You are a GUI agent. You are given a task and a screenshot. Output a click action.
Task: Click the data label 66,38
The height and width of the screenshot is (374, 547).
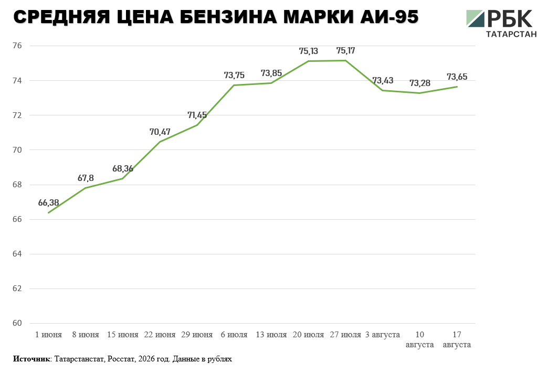click(48, 203)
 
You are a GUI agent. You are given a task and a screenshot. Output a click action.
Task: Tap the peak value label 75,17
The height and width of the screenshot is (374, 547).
click(346, 51)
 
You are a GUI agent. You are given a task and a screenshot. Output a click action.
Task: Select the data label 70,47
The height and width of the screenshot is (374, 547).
click(160, 132)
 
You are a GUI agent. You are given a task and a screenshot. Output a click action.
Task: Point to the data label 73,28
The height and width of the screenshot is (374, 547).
click(419, 83)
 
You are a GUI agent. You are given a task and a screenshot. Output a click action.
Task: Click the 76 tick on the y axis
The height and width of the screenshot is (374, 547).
click(17, 46)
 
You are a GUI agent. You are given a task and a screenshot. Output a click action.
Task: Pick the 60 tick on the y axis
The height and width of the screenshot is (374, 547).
click(17, 323)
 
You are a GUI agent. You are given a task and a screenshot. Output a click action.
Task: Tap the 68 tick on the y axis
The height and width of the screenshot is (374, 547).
click(17, 185)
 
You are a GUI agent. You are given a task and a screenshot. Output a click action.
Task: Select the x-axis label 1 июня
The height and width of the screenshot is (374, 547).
click(48, 335)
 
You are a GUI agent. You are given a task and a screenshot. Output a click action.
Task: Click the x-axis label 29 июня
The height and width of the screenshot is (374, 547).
click(197, 335)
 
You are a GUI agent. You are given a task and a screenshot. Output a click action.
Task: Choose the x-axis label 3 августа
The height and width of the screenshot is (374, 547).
click(382, 335)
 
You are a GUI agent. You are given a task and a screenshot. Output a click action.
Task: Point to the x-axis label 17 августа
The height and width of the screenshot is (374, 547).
click(457, 340)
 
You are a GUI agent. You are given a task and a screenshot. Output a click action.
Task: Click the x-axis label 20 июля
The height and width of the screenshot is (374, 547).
click(308, 335)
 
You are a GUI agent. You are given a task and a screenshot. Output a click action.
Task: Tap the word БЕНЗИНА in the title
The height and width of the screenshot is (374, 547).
click(228, 17)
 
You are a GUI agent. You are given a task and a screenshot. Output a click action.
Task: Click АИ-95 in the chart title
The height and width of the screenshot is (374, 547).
click(390, 17)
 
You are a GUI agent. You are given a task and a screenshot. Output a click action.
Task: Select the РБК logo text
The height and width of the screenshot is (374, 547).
click(510, 18)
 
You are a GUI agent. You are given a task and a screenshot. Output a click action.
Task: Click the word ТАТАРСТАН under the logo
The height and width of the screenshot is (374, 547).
click(511, 34)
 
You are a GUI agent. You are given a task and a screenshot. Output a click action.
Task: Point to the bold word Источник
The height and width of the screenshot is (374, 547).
click(31, 359)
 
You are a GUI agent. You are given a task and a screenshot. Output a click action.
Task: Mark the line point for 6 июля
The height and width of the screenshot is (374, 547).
click(234, 85)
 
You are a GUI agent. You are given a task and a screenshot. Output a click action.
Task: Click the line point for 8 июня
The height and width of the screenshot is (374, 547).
click(86, 188)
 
